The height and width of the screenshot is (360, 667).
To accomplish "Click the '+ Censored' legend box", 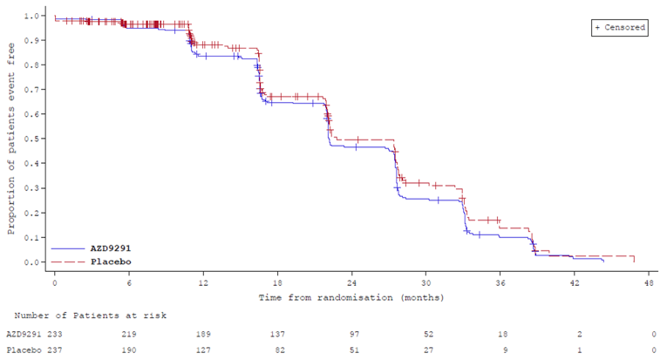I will click(620, 28).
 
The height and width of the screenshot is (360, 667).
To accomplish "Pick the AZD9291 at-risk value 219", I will click(129, 334).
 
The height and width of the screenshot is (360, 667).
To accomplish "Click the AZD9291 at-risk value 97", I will click(351, 334).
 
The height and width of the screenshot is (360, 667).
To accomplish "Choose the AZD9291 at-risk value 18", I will click(500, 334).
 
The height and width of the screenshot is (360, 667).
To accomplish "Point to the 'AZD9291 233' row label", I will click(34, 334).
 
